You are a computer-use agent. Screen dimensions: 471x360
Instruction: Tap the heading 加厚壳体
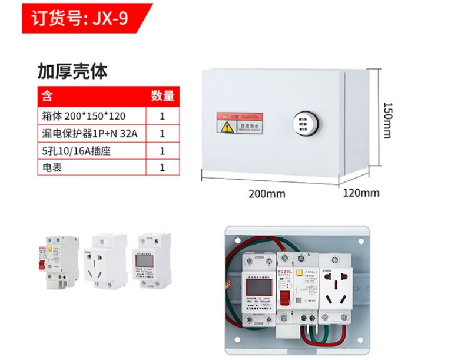[72, 71]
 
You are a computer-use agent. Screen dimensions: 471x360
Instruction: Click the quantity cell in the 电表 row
[162, 168]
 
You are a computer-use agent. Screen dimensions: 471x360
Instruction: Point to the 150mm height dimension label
[387, 121]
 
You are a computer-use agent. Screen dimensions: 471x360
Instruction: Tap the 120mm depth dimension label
[361, 193]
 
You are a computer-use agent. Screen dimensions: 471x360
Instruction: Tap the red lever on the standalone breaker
[42, 266]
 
